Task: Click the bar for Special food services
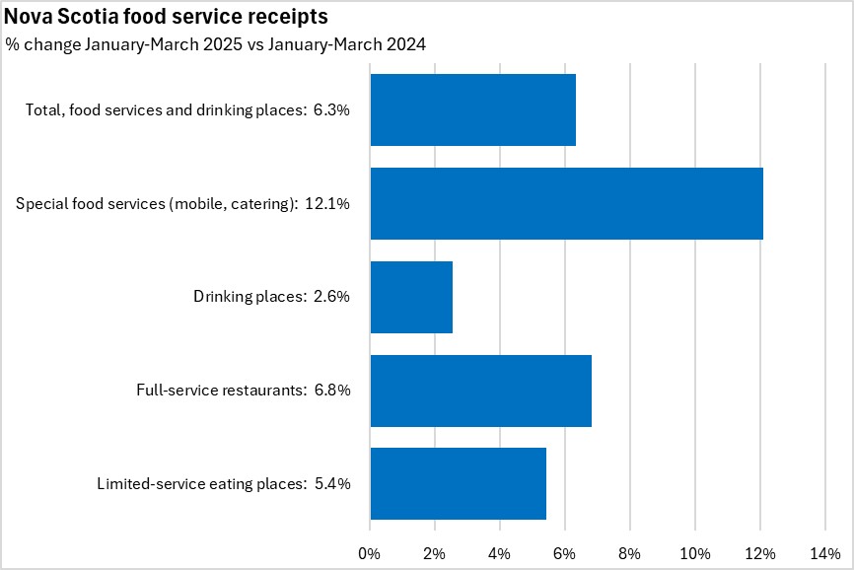tap(566, 204)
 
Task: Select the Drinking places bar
tap(411, 297)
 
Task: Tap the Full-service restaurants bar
tap(480, 391)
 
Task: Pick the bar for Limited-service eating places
tap(458, 483)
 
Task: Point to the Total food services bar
tap(472, 110)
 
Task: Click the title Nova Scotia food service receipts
tap(167, 18)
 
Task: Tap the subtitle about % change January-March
tap(216, 44)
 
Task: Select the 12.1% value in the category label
tap(329, 204)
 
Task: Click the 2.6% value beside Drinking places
tap(332, 297)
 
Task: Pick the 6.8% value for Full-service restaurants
tap(332, 391)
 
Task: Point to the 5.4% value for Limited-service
tap(332, 483)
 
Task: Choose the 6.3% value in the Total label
tap(332, 110)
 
